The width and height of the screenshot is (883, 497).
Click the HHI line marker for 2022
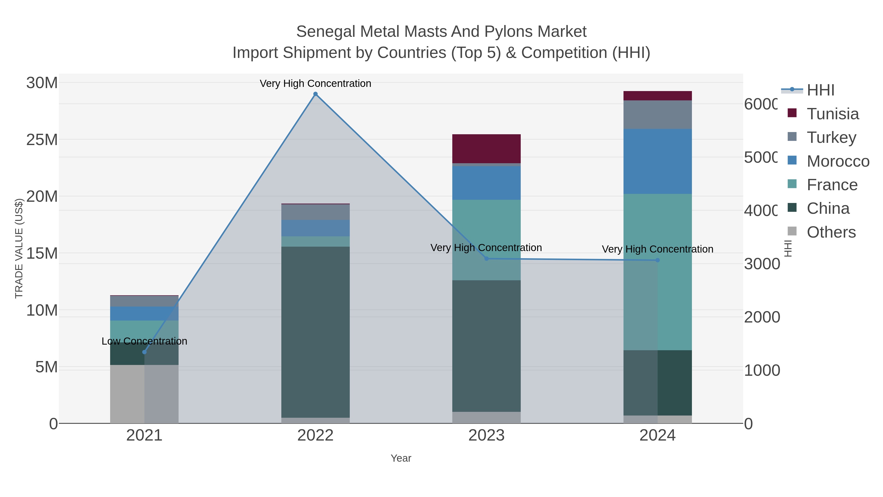315,94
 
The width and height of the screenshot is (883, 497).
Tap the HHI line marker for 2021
144,352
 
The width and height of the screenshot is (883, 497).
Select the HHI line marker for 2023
486,259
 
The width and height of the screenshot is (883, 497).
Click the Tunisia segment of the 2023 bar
486,148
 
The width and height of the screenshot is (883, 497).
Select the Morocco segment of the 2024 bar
657,161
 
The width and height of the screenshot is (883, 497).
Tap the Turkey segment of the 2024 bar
657,115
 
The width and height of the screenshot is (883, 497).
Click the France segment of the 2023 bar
486,240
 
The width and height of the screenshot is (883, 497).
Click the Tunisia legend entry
833,114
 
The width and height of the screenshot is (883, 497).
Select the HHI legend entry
820,90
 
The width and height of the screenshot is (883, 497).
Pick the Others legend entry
831,232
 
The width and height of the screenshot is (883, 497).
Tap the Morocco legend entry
838,161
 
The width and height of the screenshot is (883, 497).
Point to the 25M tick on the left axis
42,140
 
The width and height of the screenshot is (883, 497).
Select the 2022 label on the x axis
315,436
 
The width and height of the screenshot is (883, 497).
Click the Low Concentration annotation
144,341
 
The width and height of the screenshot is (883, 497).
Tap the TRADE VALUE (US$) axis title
19,248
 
